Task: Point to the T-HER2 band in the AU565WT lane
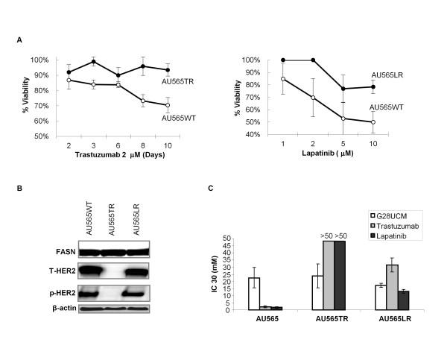[x=95, y=272]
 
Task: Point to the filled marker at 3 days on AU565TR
[x=93, y=62]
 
